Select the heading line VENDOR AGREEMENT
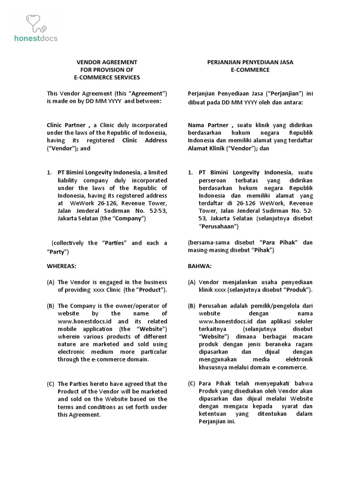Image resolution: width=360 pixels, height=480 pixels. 107,62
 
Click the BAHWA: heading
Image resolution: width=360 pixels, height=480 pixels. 199,266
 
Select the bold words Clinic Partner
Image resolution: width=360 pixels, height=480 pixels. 66,126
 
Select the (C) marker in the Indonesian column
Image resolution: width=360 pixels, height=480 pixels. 191,383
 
